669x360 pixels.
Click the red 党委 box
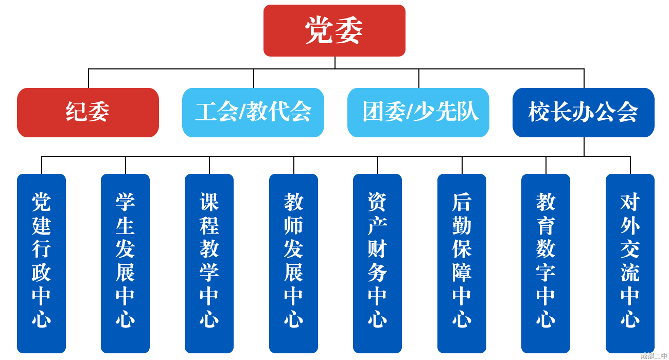pos(334,31)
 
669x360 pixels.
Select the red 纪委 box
pos(88,113)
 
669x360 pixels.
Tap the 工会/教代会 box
pos(253,113)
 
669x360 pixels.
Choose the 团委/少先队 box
pos(418,113)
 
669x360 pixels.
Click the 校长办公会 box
pos(584,113)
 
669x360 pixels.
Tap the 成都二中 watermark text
pos(654,355)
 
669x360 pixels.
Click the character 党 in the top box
pos(320,30)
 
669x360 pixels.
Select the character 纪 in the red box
pos(77,112)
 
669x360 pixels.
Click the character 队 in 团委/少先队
pos(469,112)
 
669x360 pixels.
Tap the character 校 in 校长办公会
pos(539,112)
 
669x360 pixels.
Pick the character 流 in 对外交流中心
pos(630,273)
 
